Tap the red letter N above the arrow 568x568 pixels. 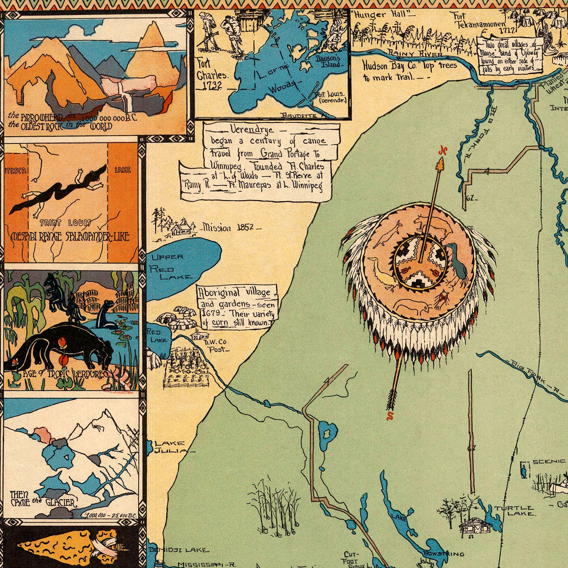(443, 151)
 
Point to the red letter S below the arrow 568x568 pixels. (390, 416)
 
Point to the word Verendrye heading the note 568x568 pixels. (252, 129)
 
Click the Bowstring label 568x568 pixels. (443, 554)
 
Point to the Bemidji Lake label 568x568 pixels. (177, 550)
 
